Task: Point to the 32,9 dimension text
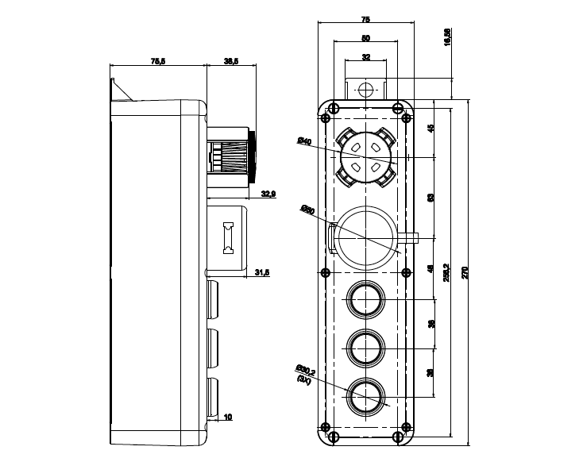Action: coord(268,193)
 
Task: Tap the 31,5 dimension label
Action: coord(261,273)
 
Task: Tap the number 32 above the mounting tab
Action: coord(365,57)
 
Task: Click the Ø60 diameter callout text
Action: coord(307,210)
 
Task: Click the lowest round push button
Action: coord(366,394)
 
